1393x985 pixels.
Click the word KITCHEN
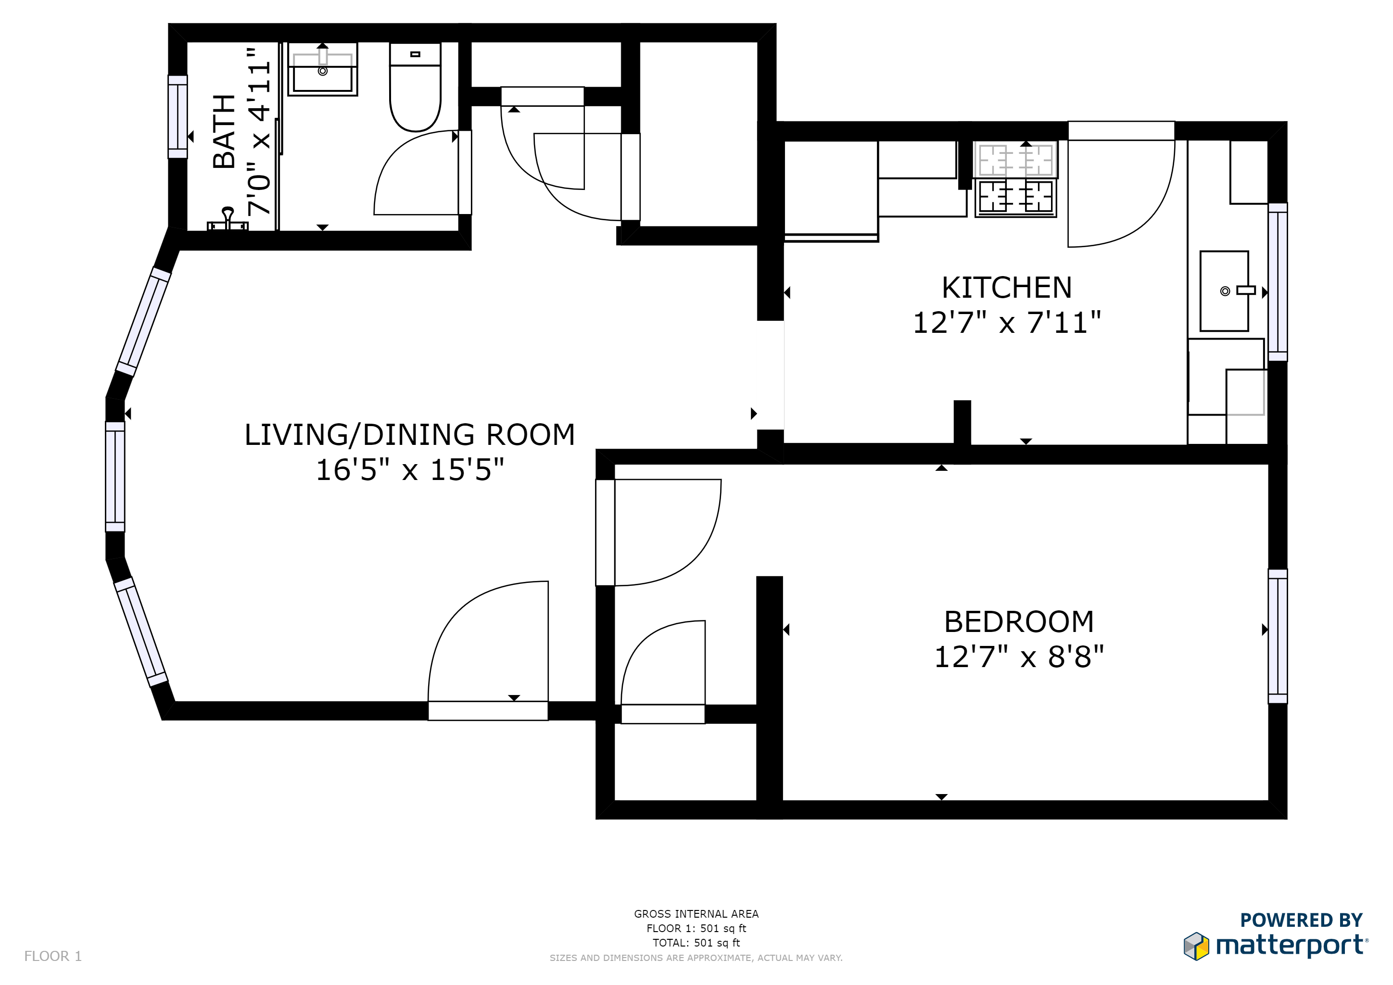point(1007,288)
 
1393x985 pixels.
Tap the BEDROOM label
point(1019,622)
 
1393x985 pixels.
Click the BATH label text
point(224,132)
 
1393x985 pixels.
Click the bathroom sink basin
point(322,73)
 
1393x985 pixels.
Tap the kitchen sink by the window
point(1224,291)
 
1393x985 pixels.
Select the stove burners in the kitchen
point(1015,179)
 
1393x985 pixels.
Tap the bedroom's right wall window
point(1277,636)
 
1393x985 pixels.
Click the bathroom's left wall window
point(178,116)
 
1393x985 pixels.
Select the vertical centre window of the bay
point(115,477)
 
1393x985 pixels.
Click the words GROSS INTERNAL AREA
point(696,913)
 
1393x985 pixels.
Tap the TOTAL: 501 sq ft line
point(696,943)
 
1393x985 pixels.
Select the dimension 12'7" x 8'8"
point(1019,657)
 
